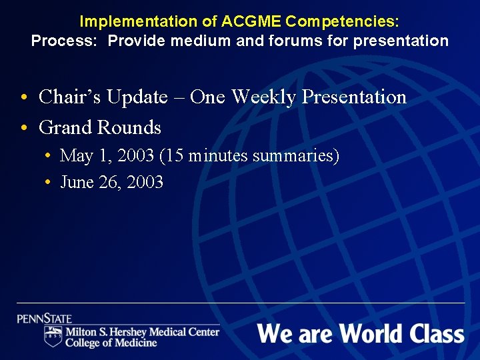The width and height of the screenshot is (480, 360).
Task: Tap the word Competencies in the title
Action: pyautogui.click(x=342, y=21)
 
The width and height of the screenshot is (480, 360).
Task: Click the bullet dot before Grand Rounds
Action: pyautogui.click(x=23, y=127)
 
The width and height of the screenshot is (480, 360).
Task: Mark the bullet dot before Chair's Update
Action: pyautogui.click(x=23, y=98)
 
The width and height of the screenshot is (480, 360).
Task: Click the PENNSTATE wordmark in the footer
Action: pyautogui.click(x=45, y=319)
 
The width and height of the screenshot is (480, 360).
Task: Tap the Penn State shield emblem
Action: pyautogui.click(x=53, y=335)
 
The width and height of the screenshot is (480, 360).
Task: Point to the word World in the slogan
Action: pyautogui.click(x=363, y=333)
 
